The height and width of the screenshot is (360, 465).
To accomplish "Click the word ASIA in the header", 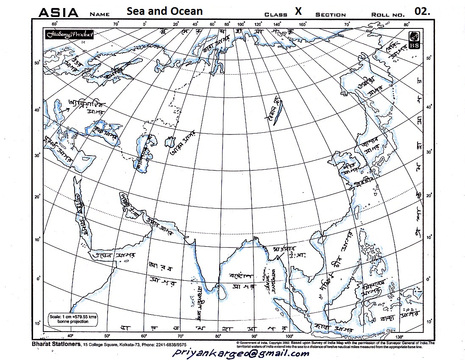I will [x=58, y=12].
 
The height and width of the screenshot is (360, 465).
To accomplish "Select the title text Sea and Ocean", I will [x=164, y=11].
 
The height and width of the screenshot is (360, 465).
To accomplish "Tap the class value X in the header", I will [x=298, y=11].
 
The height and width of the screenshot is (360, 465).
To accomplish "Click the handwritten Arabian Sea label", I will [x=159, y=271].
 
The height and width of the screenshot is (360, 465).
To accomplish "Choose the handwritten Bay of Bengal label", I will [x=242, y=279].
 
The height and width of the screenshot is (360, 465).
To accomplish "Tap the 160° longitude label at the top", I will [x=303, y=24].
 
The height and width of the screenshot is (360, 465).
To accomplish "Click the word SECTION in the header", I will [x=330, y=14].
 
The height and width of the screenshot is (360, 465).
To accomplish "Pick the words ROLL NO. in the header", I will [x=387, y=14].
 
